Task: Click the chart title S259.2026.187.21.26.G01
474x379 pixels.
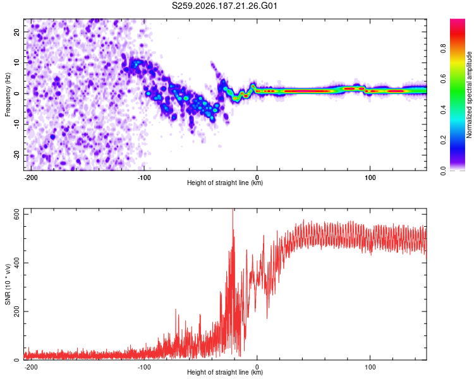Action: pos(224,6)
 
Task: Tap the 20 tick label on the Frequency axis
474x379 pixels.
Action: pos(16,32)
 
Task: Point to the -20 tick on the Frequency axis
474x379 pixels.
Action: pos(16,155)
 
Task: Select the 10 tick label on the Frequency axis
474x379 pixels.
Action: pos(16,63)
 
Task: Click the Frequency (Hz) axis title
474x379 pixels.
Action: pos(8,95)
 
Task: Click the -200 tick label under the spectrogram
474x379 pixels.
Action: pos(30,177)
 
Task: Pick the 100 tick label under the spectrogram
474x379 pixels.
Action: pos(370,177)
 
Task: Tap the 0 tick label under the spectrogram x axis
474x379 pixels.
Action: pos(257,177)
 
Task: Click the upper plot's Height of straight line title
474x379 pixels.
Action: pos(225,183)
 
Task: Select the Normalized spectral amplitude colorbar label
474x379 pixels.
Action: pos(469,95)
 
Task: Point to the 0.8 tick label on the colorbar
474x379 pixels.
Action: pos(443,49)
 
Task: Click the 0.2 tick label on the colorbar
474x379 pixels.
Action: pos(443,140)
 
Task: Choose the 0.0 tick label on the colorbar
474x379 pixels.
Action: pos(443,171)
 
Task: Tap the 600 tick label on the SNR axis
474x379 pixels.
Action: pos(16,214)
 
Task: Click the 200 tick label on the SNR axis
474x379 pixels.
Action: pos(16,311)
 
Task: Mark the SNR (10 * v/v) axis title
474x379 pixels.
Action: pos(8,284)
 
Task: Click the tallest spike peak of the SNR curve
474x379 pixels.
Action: pos(233,209)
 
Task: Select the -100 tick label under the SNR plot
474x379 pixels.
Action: pos(143,367)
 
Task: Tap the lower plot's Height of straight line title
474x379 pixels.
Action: pos(225,372)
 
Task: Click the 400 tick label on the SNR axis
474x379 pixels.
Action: pos(16,263)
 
